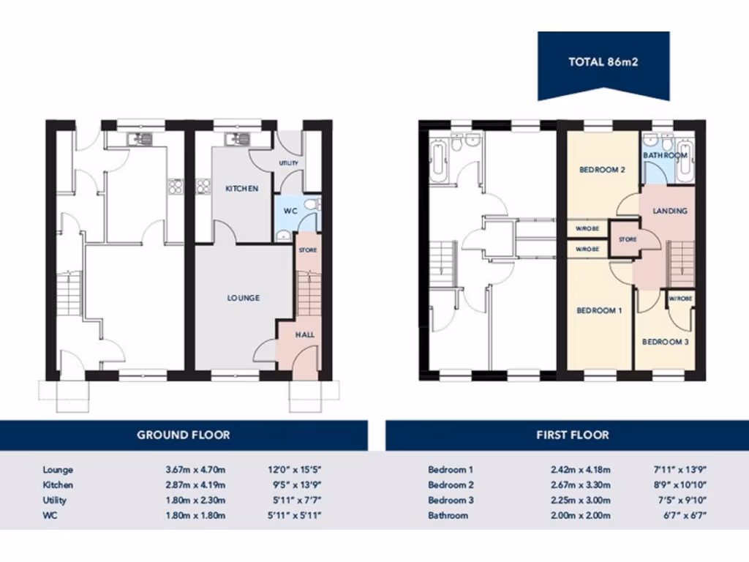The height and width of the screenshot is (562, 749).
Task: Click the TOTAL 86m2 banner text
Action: click(603, 62)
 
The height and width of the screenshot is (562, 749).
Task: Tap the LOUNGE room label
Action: click(244, 299)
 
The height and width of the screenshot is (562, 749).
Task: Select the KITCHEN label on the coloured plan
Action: click(241, 189)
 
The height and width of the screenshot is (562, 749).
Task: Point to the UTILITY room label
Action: click(288, 163)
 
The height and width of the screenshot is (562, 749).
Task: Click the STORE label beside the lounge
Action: click(308, 251)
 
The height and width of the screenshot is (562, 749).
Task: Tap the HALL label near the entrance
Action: click(305, 334)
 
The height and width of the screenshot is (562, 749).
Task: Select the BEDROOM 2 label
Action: click(602, 170)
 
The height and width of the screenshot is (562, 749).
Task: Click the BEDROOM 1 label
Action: click(599, 310)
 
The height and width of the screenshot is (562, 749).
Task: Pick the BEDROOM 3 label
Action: click(665, 342)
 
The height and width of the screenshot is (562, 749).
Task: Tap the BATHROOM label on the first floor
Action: click(665, 156)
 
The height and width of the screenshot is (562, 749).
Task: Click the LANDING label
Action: click(670, 211)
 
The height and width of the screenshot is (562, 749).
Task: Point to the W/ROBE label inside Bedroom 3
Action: click(680, 299)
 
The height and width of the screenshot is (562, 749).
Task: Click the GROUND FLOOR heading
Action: click(184, 435)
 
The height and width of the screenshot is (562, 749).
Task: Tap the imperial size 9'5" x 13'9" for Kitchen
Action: click(296, 485)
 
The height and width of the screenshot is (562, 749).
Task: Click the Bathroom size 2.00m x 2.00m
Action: click(581, 516)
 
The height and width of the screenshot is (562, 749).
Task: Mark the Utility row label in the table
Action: click(55, 501)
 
